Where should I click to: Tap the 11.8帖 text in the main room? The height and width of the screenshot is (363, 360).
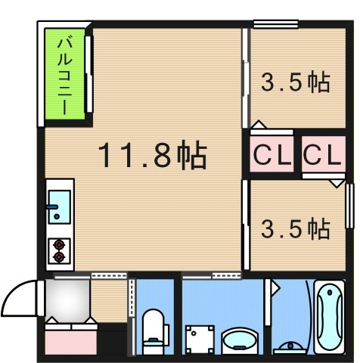pyautogui.click(x=152, y=156)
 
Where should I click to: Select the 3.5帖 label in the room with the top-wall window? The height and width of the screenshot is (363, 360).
pyautogui.click(x=296, y=82)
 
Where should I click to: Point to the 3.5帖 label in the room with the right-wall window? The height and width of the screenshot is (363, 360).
pyautogui.click(x=296, y=228)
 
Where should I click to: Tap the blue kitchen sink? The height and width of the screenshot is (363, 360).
pyautogui.click(x=59, y=206)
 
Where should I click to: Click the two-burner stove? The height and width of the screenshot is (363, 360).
pyautogui.click(x=59, y=250)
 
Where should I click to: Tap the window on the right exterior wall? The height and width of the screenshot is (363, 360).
pyautogui.click(x=349, y=204)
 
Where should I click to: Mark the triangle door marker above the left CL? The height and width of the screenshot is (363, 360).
pyautogui.click(x=259, y=123)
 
